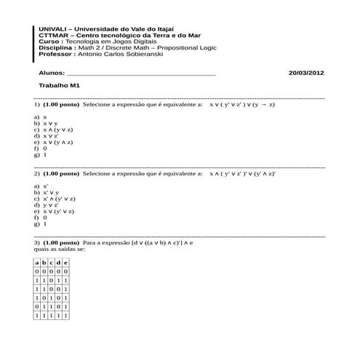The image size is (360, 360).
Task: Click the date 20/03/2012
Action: pos(306,73)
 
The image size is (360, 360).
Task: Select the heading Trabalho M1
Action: pos(59,86)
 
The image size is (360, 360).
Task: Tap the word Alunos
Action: pos(51,73)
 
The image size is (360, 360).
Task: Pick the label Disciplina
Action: pos(55,48)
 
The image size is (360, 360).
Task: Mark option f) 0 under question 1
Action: pos(41,148)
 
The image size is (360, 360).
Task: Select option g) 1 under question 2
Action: pos(41,224)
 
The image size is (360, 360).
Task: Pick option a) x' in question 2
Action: pos(41,186)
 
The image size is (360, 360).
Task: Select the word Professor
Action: pos(55,54)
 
